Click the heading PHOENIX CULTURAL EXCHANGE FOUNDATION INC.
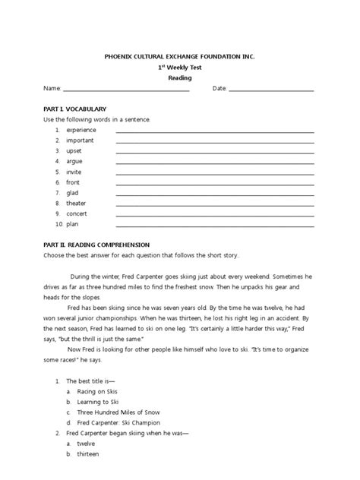tap(180, 56)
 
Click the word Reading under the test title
tap(180, 77)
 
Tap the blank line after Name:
tap(125, 90)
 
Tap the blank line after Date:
tap(271, 90)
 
